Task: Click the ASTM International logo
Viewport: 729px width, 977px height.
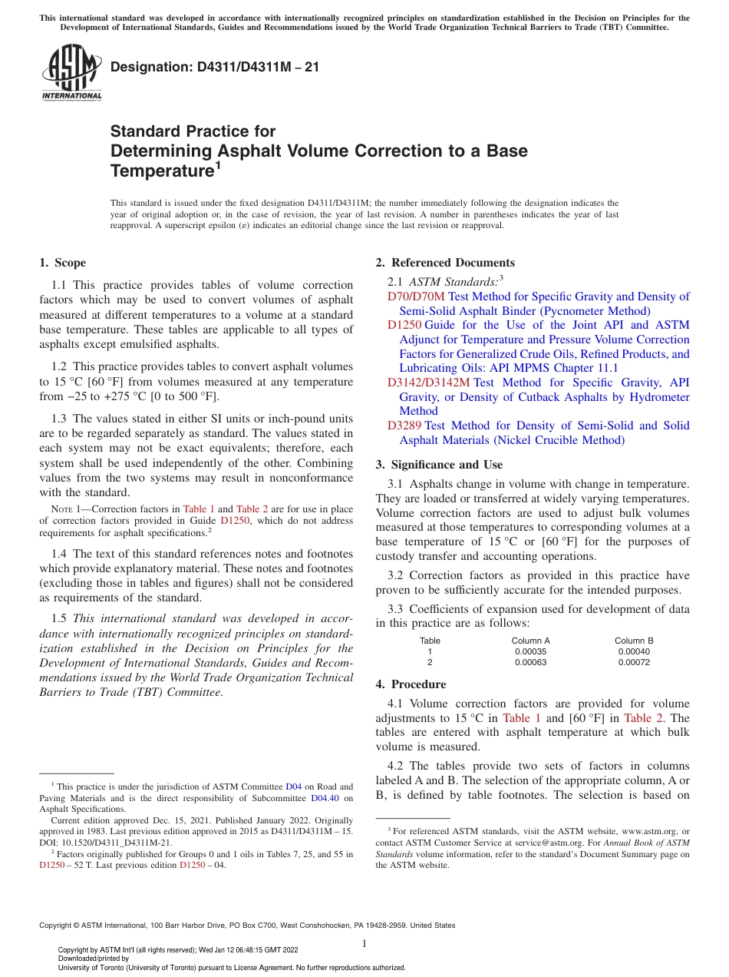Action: (x=71, y=74)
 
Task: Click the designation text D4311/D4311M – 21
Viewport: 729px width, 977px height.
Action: (x=215, y=68)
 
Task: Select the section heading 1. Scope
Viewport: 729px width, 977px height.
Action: (x=62, y=263)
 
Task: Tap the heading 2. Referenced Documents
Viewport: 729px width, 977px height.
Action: (x=445, y=263)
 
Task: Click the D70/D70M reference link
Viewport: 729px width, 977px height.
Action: (x=416, y=296)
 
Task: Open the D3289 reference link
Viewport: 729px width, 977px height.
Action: (x=404, y=426)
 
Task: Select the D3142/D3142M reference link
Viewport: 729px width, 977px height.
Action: (x=428, y=383)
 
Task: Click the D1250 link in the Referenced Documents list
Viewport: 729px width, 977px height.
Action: (x=404, y=325)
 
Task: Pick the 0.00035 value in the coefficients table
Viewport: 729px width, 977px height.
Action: (x=530, y=651)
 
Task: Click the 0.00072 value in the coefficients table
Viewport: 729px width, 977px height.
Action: (x=634, y=662)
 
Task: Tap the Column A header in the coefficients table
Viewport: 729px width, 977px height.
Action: (x=530, y=641)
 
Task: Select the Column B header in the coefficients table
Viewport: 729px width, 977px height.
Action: (x=634, y=641)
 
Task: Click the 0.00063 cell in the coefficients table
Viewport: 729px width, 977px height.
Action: (x=530, y=662)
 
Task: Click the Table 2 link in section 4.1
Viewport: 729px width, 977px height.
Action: (x=639, y=718)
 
